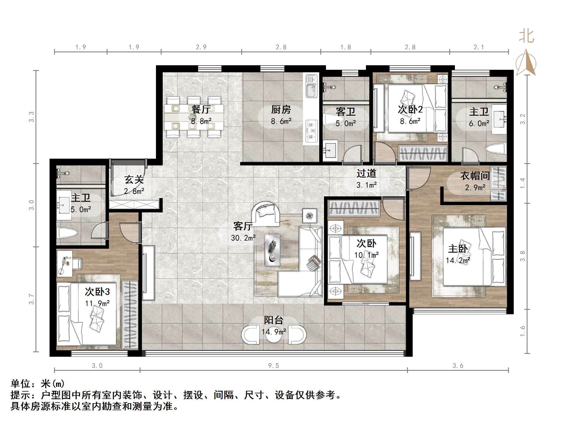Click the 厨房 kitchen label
281,109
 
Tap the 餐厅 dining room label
201,109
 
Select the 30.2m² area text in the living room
243,238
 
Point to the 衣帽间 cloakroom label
475,176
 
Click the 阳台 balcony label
274,320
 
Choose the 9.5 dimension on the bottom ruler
274,365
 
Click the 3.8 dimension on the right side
523,256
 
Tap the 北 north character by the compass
526,36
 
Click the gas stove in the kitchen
311,131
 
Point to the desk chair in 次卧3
77,263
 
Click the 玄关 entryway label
134,179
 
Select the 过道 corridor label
366,173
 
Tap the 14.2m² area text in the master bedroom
458,261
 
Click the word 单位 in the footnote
21,384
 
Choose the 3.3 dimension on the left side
31,117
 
